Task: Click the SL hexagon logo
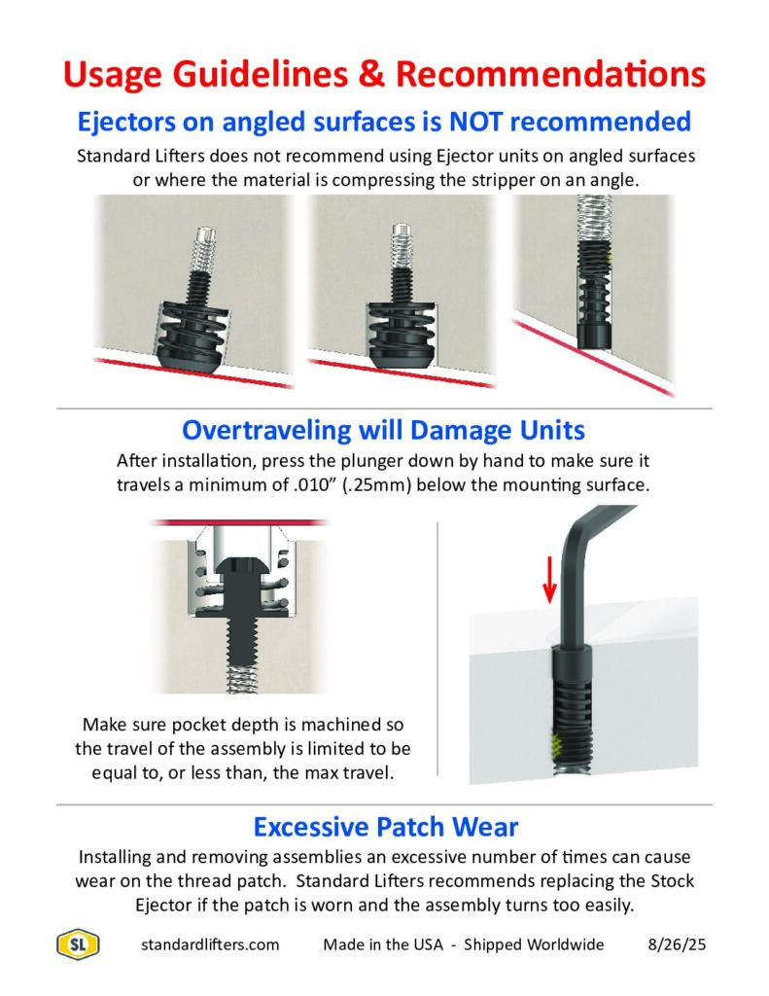point(78,944)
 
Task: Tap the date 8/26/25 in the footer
point(677,944)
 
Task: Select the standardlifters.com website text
point(210,944)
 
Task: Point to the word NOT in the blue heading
point(476,122)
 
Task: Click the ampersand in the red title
point(371,74)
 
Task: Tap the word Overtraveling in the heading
point(266,431)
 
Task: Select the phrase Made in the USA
point(383,944)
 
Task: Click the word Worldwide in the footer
point(567,944)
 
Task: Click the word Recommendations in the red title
point(550,74)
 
